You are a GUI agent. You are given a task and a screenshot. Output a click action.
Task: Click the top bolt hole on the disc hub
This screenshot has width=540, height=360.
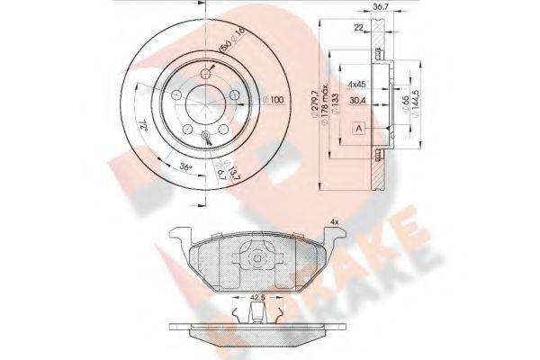pos(208,73)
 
